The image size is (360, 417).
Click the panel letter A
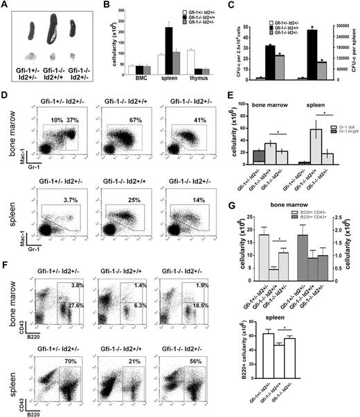[6, 7]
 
